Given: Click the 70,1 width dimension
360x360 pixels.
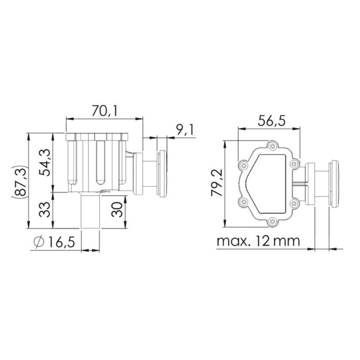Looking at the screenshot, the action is (x=104, y=110).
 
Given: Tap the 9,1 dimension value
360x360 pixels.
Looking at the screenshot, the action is (x=185, y=129).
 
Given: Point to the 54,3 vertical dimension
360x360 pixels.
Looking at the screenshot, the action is (x=44, y=162).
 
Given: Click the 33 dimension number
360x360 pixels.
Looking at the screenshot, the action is (x=44, y=209).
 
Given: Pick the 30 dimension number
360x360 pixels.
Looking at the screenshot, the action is (x=117, y=209).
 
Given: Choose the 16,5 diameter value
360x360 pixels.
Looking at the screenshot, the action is (x=62, y=242).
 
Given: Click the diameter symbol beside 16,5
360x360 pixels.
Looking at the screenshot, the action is (x=39, y=242).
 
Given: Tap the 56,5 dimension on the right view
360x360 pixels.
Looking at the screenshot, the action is (x=272, y=121).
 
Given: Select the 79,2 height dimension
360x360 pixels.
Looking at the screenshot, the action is (x=217, y=183).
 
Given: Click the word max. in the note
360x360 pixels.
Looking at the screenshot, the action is (x=233, y=241).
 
